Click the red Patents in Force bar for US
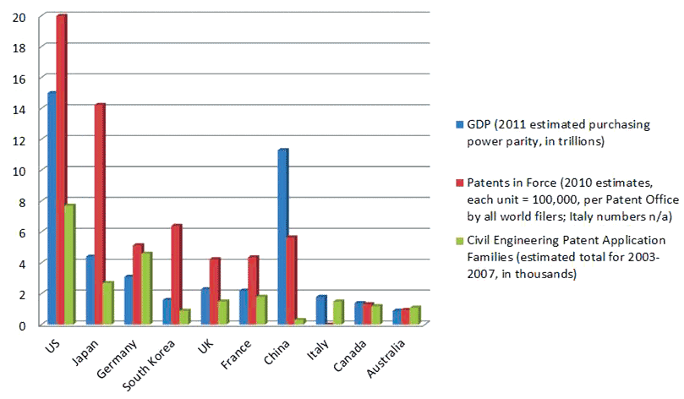point(60,169)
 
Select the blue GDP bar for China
point(282,237)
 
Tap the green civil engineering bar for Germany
point(145,288)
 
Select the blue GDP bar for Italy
point(320,309)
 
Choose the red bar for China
point(291,280)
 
